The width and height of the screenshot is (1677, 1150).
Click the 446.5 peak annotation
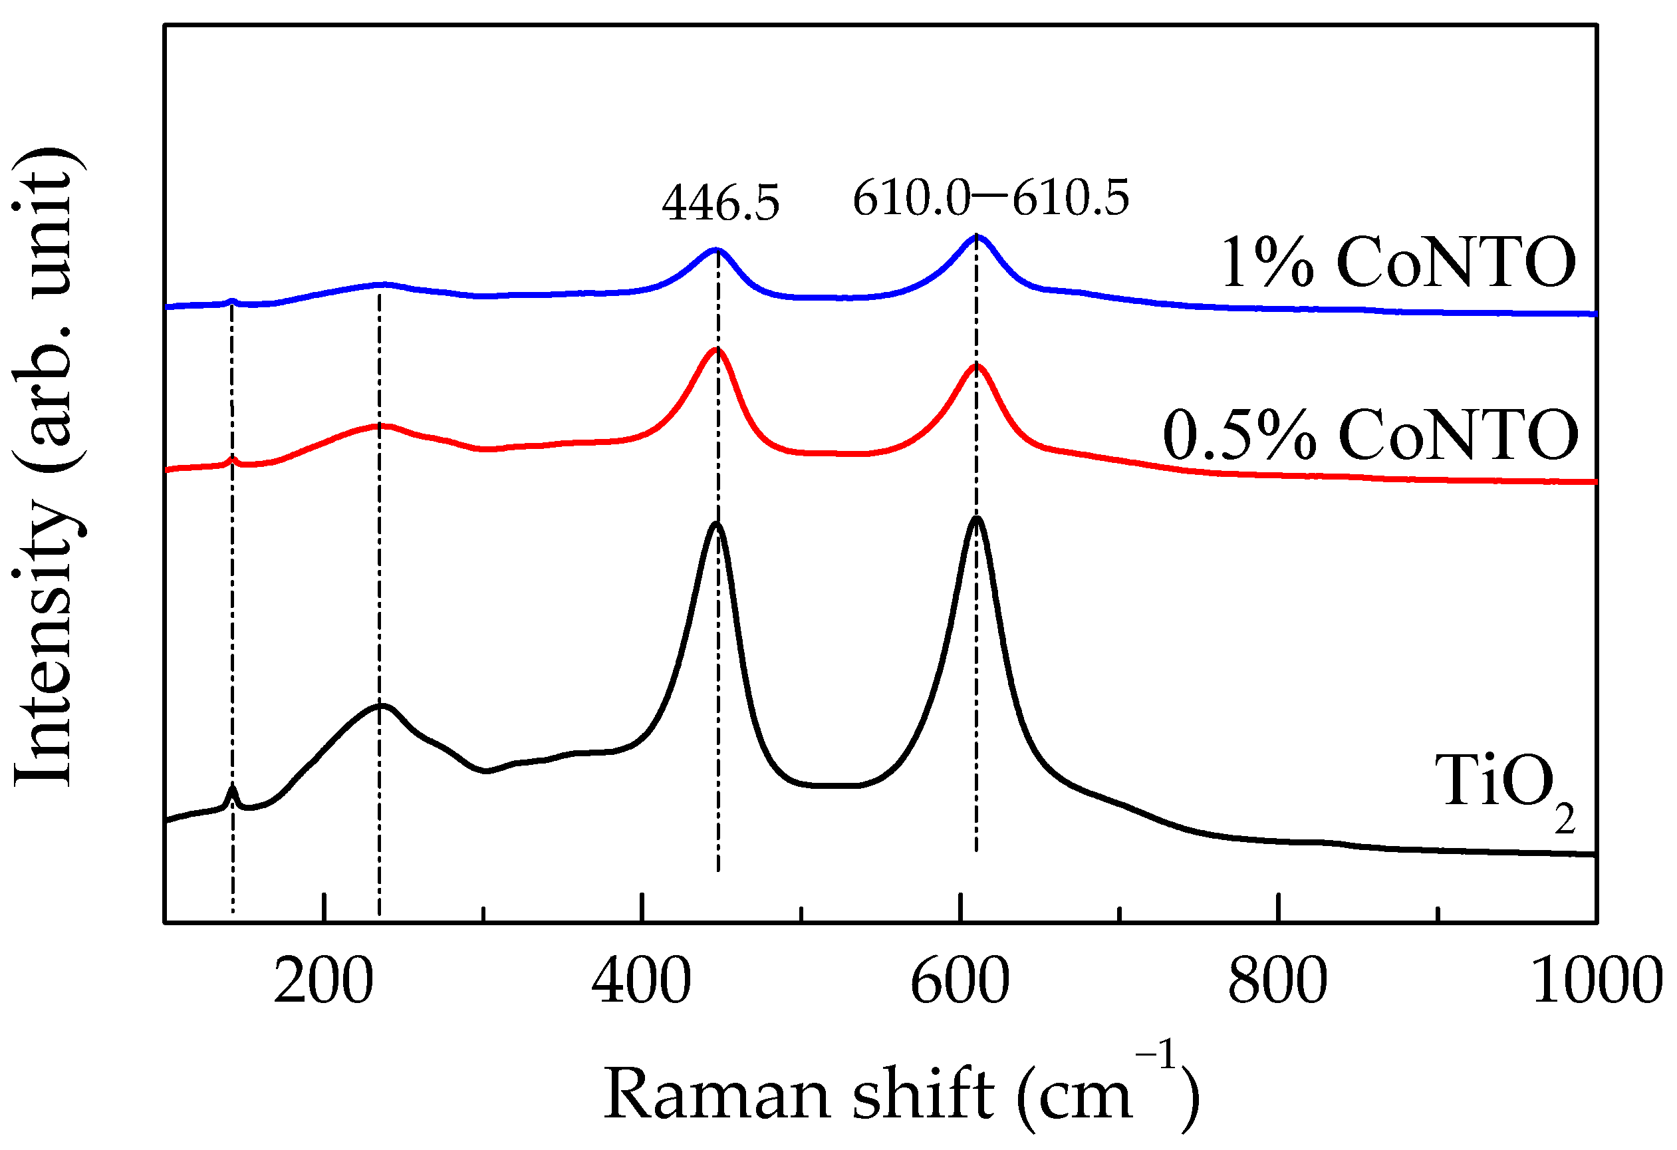720,203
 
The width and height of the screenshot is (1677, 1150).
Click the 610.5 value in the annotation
1070,198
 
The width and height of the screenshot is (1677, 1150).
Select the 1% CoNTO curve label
1397,263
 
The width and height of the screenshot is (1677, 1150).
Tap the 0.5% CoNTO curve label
1370,435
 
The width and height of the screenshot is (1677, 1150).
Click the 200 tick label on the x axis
323,982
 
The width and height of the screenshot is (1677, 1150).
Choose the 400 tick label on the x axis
641,982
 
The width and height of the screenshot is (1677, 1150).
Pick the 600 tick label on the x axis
959,982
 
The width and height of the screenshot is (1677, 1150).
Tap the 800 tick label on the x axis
1277,982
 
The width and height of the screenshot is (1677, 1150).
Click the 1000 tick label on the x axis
1596,982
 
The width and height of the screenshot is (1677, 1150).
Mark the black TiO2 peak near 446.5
716,524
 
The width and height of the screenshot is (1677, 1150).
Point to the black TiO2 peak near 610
976,518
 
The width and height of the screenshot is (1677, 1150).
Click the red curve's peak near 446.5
717,351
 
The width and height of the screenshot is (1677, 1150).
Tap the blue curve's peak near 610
976,237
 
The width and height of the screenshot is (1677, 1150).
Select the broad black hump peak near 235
380,705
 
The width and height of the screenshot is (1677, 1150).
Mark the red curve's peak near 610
976,366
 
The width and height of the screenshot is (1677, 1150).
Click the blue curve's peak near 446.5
716,251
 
